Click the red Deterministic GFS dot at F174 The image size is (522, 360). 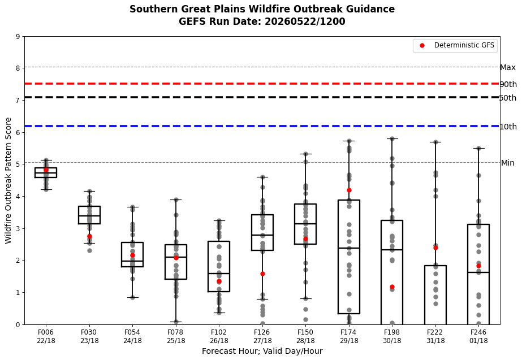tap(349, 190)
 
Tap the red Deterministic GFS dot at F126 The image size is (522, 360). tap(262, 274)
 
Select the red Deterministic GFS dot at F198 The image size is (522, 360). tap(392, 287)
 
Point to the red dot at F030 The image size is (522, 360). tap(89, 236)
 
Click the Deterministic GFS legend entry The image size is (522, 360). tap(455, 46)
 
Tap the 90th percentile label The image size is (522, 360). tap(508, 84)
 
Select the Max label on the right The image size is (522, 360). tap(508, 68)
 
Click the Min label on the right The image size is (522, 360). tap(508, 163)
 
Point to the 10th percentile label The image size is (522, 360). tap(508, 127)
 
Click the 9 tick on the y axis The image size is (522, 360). tap(18, 36)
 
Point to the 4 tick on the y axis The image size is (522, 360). tap(18, 196)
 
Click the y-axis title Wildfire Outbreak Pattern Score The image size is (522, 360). tap(8, 180)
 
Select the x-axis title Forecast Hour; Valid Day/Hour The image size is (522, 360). tap(262, 351)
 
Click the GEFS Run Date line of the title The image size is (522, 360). tap(262, 21)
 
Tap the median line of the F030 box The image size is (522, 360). tap(89, 215)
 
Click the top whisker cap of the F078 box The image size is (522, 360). tap(176, 199)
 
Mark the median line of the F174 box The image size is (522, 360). tap(349, 248)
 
